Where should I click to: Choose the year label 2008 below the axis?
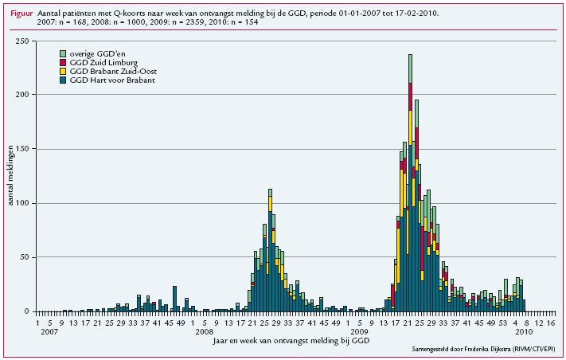pyautogui.click(x=204, y=331)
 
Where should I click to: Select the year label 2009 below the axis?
pyautogui.click(x=360, y=331)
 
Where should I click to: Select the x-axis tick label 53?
pyautogui.click(x=501, y=323)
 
